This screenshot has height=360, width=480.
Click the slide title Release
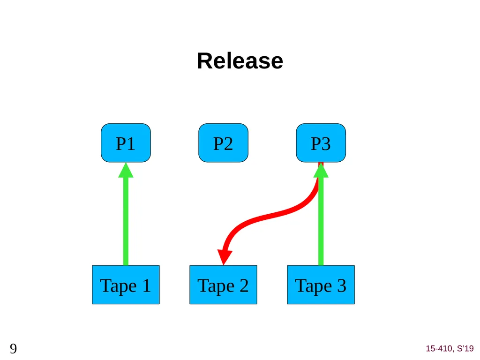point(240,61)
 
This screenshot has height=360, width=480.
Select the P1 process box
point(126,143)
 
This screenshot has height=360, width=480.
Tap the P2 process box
point(224,143)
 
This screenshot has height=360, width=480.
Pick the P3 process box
point(321,143)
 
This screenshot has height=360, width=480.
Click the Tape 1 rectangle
point(126,285)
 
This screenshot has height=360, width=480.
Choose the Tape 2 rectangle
point(224,285)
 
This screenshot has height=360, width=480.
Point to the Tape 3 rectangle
point(321,285)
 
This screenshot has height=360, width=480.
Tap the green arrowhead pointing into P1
point(126,170)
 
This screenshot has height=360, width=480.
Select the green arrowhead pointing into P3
point(321,170)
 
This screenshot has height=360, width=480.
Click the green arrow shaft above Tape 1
point(126,221)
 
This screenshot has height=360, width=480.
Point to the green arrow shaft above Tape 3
point(321,221)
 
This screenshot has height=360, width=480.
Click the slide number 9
point(13,349)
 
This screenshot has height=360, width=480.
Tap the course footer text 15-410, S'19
point(450,348)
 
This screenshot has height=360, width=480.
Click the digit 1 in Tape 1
point(147,285)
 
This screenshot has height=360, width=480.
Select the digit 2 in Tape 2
point(244,285)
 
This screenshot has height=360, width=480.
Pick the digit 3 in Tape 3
point(342,285)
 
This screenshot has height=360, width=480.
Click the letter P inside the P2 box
point(218,143)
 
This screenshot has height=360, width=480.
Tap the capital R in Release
point(204,61)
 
